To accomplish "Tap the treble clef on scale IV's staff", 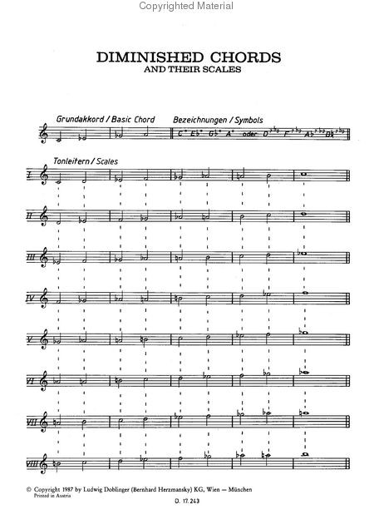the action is (45, 297).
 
